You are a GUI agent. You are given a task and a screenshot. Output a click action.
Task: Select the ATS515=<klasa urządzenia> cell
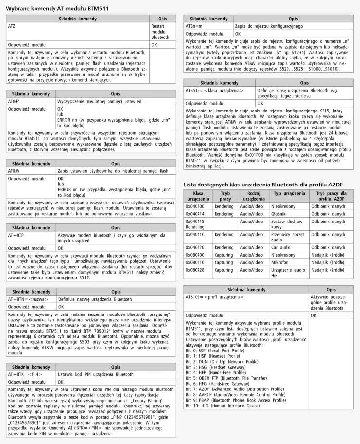215,90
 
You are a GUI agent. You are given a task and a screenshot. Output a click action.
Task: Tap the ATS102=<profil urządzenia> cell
215,296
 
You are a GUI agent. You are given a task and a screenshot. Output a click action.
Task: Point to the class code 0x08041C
195,234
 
